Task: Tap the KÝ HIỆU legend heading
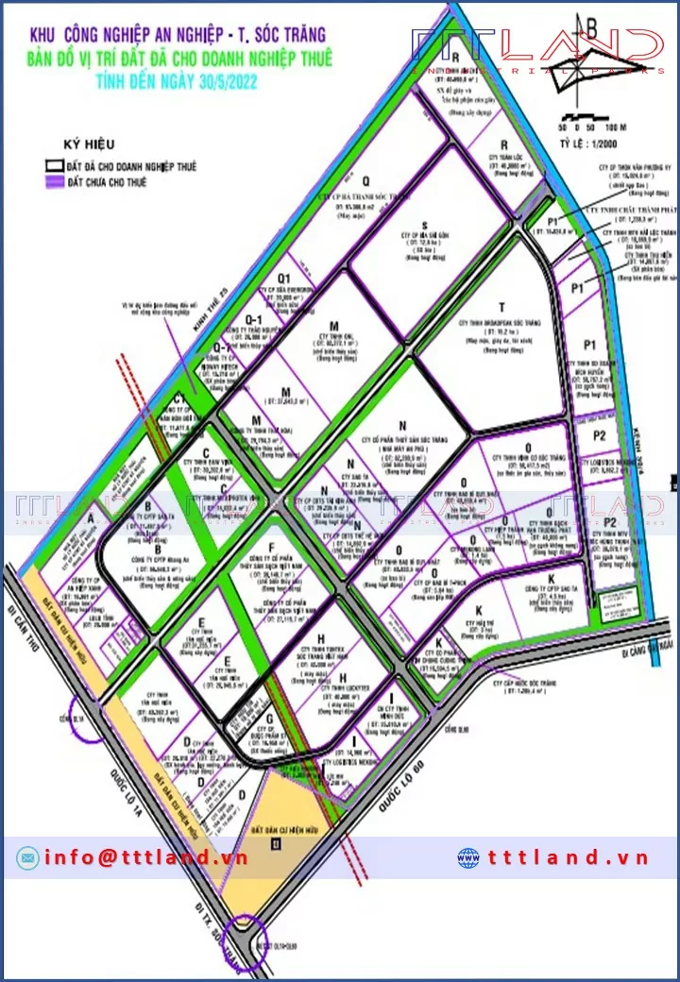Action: [89, 144]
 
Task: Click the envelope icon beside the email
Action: [27, 857]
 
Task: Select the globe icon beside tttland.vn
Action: [468, 857]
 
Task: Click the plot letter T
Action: [502, 306]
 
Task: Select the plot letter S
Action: [398, 226]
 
